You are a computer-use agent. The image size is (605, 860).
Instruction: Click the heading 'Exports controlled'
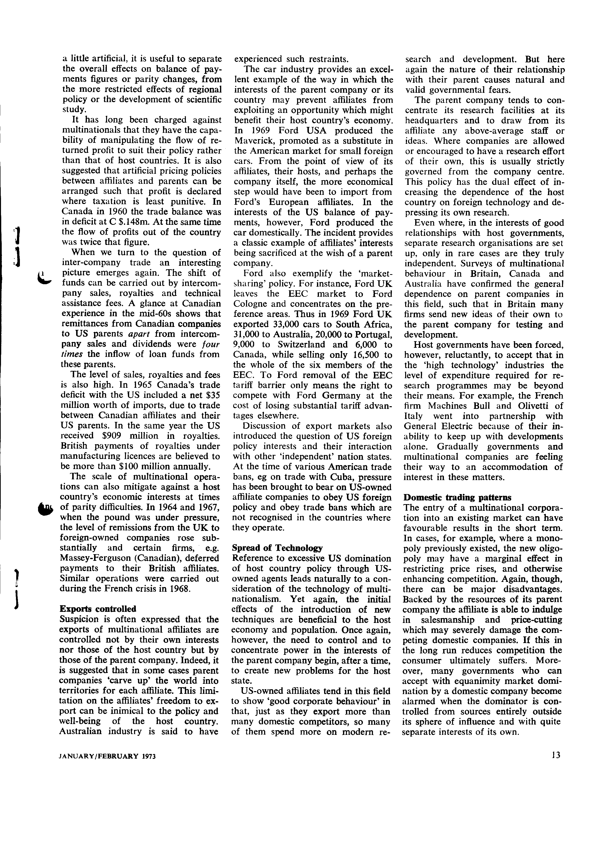coord(98,608)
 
